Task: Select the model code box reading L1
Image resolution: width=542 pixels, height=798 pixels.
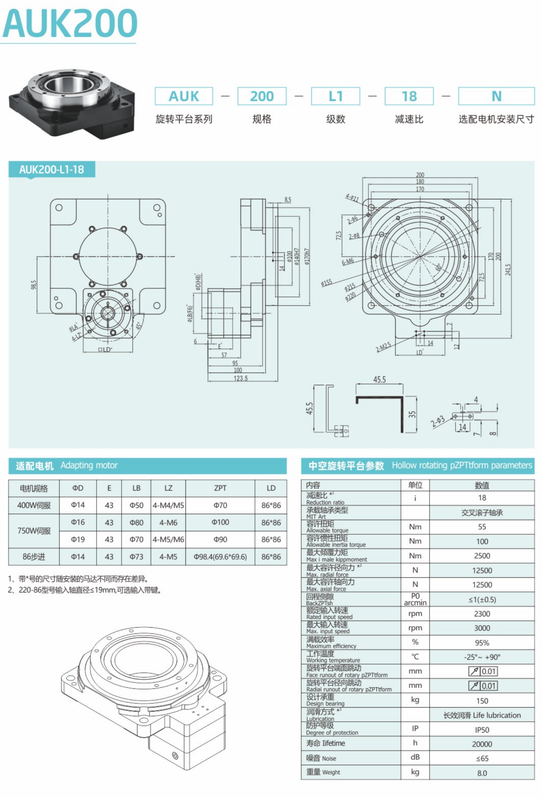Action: pyautogui.click(x=335, y=96)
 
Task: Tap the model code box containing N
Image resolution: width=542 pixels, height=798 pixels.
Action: pyautogui.click(x=496, y=96)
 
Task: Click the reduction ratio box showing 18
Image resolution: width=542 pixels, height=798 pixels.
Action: pyautogui.click(x=409, y=96)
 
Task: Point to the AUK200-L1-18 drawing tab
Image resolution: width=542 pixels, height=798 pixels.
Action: pyautogui.click(x=52, y=169)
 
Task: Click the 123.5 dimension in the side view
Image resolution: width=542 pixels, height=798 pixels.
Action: pyautogui.click(x=240, y=378)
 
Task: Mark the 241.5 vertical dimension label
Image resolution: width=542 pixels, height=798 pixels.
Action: pyautogui.click(x=508, y=269)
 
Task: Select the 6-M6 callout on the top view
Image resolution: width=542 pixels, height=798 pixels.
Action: pyautogui.click(x=347, y=262)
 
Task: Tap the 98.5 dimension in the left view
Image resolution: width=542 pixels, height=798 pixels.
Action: pyautogui.click(x=34, y=285)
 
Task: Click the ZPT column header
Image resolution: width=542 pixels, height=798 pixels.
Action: pyautogui.click(x=220, y=488)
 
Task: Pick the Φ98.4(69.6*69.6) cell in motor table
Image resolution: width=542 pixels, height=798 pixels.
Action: pyautogui.click(x=220, y=557)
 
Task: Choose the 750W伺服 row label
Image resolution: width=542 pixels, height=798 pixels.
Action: pyautogui.click(x=34, y=531)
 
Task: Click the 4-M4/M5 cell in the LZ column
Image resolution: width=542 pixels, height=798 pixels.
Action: pyautogui.click(x=168, y=505)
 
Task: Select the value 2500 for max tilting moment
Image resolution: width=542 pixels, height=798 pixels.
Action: pyautogui.click(x=482, y=556)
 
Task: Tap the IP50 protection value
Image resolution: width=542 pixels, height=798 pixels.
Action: pyautogui.click(x=482, y=730)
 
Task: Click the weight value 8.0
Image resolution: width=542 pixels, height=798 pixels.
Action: pyautogui.click(x=482, y=773)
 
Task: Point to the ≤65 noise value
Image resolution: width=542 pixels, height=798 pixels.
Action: pyautogui.click(x=482, y=758)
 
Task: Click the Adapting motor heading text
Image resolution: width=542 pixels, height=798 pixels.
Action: pyautogui.click(x=89, y=465)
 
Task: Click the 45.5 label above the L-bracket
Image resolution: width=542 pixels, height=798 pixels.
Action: pyautogui.click(x=379, y=379)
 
